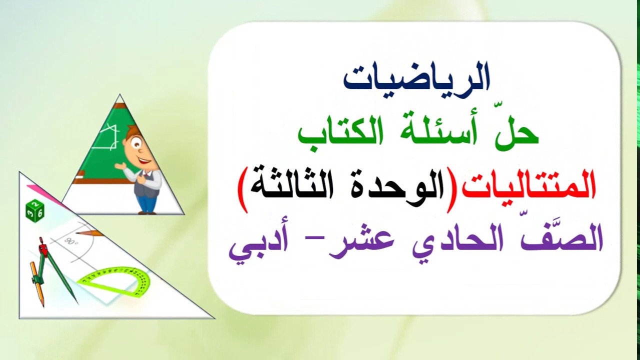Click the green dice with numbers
pos(35,211)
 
